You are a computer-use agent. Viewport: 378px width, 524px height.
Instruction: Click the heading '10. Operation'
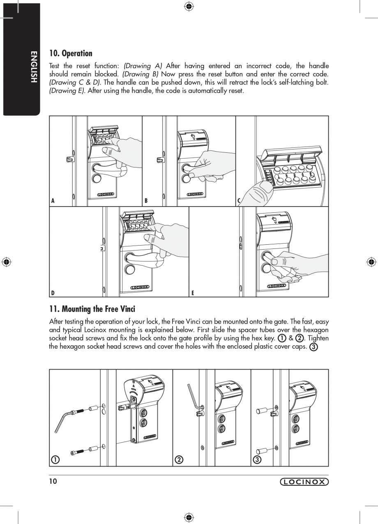[x=71, y=53]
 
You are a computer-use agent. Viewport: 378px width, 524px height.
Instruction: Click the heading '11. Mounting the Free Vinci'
[x=92, y=309]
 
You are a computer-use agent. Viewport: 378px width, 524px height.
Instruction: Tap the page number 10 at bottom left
[x=53, y=481]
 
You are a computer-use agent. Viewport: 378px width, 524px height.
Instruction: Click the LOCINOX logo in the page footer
[x=304, y=482]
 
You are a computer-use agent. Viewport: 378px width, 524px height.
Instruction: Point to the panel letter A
[x=53, y=201]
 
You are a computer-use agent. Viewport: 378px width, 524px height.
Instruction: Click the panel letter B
[x=146, y=201]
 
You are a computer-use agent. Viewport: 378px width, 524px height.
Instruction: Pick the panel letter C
[x=239, y=201]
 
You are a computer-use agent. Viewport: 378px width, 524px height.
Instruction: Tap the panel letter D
[x=53, y=293]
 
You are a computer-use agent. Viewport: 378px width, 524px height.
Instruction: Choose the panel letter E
[x=192, y=293]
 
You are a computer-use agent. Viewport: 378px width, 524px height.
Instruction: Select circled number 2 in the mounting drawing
[x=179, y=459]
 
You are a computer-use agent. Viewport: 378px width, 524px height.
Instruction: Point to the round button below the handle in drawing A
[x=97, y=179]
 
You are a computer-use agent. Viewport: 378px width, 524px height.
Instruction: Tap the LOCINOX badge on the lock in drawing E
[x=277, y=286]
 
